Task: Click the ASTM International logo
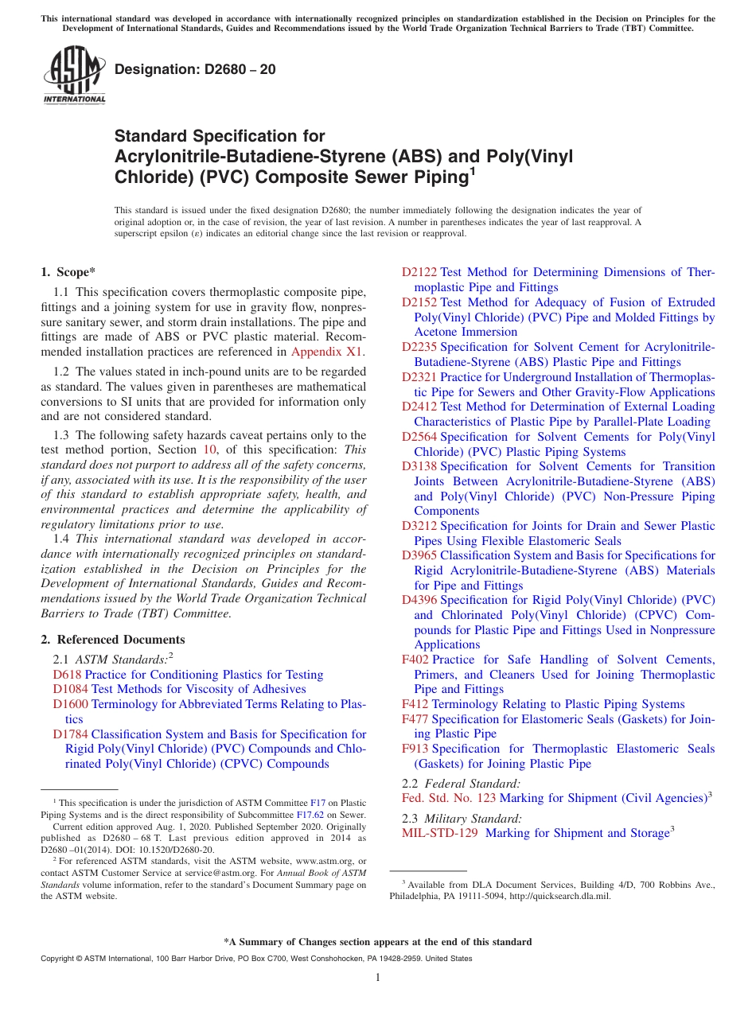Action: tap(74, 76)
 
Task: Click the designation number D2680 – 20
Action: tap(196, 69)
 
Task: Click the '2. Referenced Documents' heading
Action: tap(113, 640)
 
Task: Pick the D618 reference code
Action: tap(67, 675)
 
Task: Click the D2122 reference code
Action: tap(419, 272)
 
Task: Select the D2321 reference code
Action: tap(419, 377)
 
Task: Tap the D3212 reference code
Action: tap(419, 526)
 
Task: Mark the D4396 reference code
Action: tap(419, 600)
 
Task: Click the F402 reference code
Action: tap(415, 660)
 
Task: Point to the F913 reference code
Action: tap(415, 749)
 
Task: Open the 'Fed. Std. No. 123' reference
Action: tap(449, 798)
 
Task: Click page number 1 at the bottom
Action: tap(378, 978)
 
